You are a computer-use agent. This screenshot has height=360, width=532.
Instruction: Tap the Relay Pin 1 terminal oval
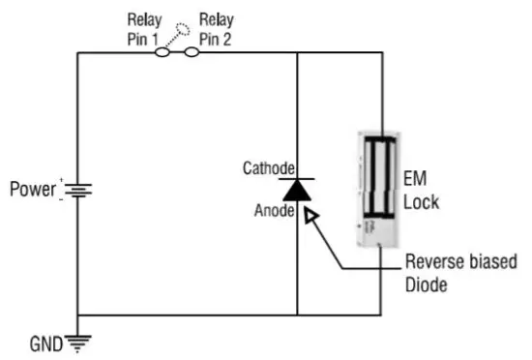coord(162,53)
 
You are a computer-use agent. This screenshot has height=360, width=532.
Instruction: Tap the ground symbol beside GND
coord(77,339)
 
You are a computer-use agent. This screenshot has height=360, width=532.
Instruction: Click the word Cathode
coord(266,167)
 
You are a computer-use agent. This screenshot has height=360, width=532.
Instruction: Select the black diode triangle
coord(297,191)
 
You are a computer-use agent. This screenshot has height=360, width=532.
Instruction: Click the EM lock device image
coord(381,188)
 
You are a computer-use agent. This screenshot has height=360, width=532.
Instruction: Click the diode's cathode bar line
coord(297,178)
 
